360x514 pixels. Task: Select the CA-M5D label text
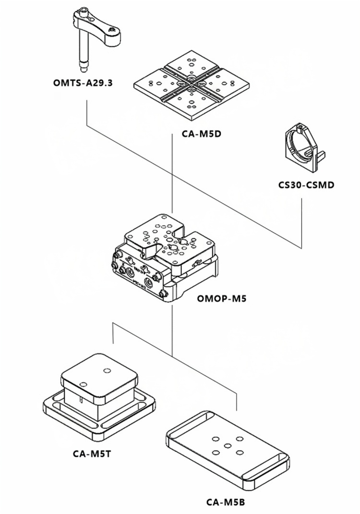(x=201, y=134)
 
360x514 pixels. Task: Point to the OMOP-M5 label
(x=222, y=298)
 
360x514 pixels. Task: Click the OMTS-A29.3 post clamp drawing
(x=96, y=38)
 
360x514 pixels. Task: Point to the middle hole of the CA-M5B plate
(x=228, y=445)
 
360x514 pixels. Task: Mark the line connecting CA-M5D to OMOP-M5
(x=172, y=173)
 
